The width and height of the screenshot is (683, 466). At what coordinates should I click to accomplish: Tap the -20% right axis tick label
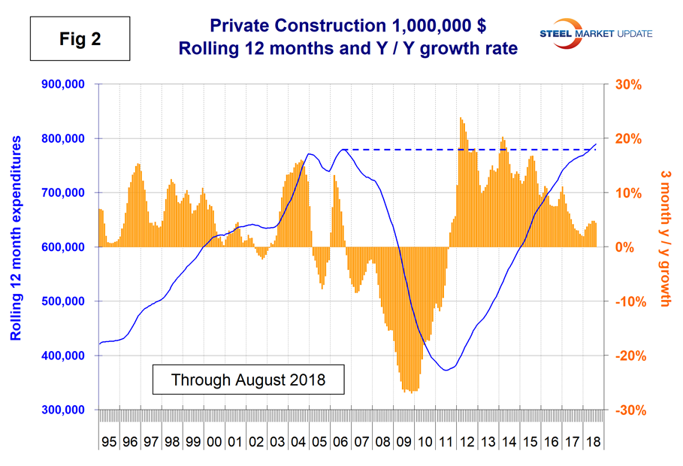[x=632, y=356]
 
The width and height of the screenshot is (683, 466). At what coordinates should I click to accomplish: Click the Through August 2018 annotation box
[x=248, y=379]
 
